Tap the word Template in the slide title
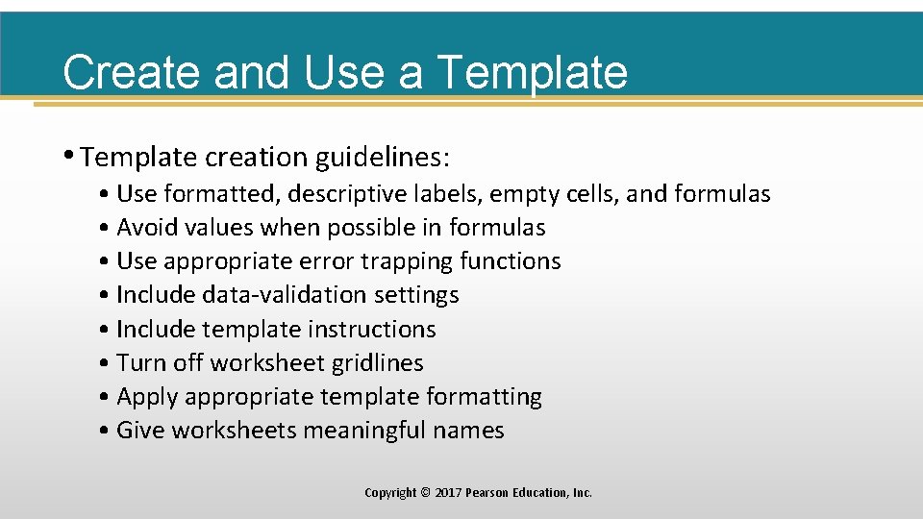tap(532, 72)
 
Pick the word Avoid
tap(148, 228)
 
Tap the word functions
tap(511, 261)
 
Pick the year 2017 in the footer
tap(448, 493)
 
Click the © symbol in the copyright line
tap(426, 493)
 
